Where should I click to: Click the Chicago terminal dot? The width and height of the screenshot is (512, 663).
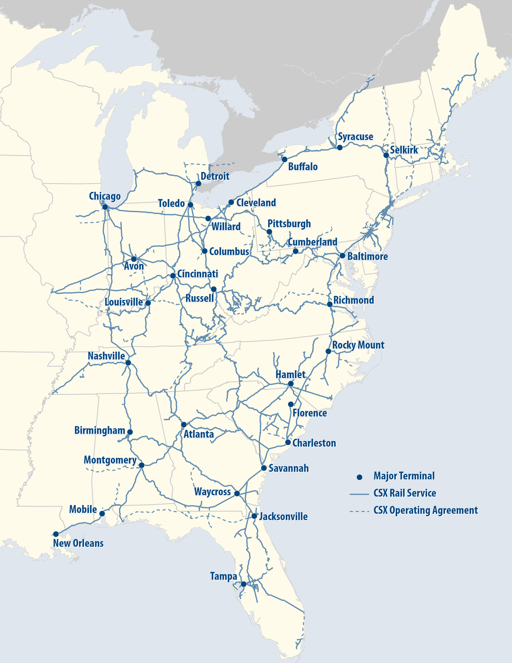105,207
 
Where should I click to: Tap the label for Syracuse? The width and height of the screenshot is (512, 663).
355,137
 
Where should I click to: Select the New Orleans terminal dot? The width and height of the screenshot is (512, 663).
56,534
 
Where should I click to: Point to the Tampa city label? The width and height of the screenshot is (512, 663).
223,576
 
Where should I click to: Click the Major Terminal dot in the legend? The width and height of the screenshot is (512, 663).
359,477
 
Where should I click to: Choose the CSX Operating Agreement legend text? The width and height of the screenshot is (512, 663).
425,510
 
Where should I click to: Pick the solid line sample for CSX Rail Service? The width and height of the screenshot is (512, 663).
359,494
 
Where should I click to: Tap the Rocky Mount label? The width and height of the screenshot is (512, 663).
358,345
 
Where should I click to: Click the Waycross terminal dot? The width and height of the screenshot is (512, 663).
237,494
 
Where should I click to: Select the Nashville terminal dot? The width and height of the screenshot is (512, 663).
128,363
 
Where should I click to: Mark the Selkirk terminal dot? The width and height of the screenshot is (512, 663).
386,155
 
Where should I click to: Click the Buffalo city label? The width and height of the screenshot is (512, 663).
303,167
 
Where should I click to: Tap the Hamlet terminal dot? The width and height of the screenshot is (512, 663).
291,384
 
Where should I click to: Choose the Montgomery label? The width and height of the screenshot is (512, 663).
110,460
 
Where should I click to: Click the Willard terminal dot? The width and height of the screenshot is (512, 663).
208,219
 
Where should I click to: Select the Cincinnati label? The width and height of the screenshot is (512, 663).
197,274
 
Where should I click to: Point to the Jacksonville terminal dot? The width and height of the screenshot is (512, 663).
254,516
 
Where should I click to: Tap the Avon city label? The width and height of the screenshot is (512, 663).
134,266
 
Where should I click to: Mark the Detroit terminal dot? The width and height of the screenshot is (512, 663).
198,184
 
